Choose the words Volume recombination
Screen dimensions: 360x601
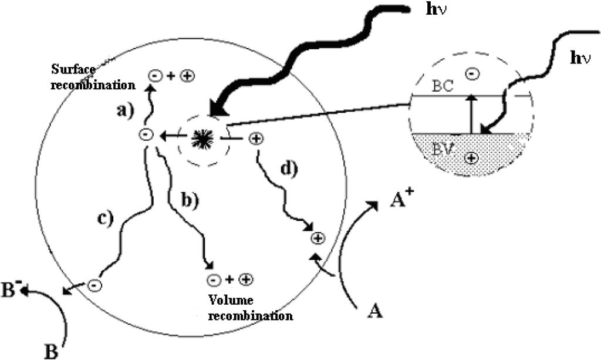pos(251,309)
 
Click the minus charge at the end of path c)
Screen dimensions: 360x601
pos(95,285)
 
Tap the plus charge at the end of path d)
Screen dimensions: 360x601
pos(318,238)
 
